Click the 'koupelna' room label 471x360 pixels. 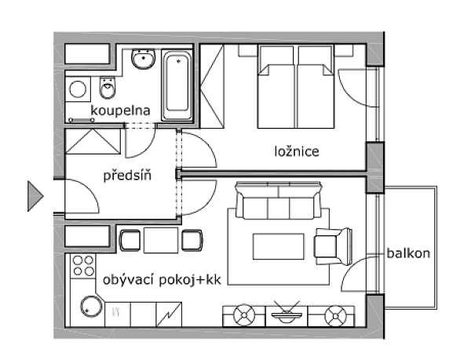(x=120, y=111)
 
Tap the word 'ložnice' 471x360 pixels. (x=297, y=151)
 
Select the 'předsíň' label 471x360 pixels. (x=127, y=175)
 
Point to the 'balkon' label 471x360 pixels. (x=408, y=253)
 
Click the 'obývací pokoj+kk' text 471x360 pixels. (x=162, y=280)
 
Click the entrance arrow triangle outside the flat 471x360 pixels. (x=35, y=196)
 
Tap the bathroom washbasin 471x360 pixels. (x=144, y=59)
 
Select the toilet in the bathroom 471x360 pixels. (x=108, y=88)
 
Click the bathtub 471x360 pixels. (x=177, y=85)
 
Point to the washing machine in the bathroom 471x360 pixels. (x=78, y=89)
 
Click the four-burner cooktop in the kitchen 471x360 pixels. (x=83, y=266)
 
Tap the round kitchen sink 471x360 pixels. (x=91, y=307)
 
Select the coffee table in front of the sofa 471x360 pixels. (x=279, y=246)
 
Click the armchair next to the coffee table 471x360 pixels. (x=333, y=246)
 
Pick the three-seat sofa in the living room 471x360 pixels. (x=279, y=201)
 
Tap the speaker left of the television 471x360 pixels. (x=244, y=315)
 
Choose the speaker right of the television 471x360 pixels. (x=335, y=316)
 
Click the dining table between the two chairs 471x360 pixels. (x=161, y=240)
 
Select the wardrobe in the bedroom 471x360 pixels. (x=212, y=86)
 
